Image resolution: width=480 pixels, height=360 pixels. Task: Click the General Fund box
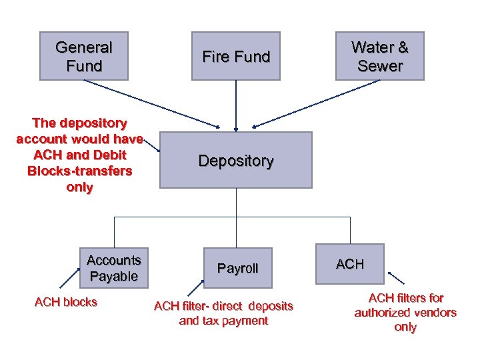pos(83,56)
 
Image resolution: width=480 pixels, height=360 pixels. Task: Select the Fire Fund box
pos(235,56)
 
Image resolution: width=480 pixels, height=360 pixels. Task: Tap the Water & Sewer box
pos(379,56)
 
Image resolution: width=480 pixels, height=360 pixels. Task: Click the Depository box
pos(235,160)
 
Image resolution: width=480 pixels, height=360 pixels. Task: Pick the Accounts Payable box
pos(114,267)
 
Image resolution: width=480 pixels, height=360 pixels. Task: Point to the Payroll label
pos(237,268)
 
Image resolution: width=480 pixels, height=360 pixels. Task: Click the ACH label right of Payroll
pos(350,264)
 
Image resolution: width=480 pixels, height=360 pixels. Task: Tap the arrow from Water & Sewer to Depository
pos(313,103)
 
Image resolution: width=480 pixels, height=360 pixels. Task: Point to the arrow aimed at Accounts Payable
pos(70,277)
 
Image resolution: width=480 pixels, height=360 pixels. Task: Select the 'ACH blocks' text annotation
pos(65,302)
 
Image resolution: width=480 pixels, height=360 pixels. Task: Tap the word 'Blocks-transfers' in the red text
pos(80,171)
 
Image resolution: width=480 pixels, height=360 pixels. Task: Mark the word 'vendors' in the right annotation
pos(437,313)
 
